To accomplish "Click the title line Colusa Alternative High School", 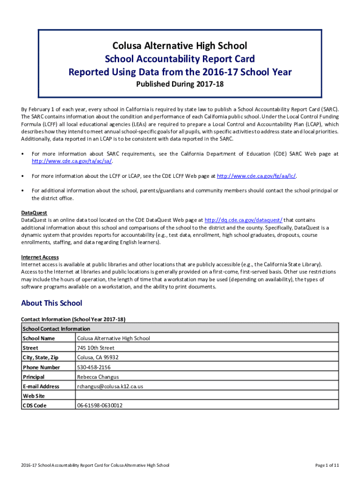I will point(180,45).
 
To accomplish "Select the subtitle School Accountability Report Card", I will point(180,59).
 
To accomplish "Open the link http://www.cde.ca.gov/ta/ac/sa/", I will point(72,161).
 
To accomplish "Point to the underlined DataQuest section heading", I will point(34,212).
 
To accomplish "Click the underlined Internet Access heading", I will point(40,257).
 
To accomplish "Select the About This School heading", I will point(51,303).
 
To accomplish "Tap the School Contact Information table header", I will point(56,329).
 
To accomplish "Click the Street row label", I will point(30,348).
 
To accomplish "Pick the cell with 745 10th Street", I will point(95,348).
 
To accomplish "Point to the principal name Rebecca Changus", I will point(98,377).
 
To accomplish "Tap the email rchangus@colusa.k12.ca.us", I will point(110,387).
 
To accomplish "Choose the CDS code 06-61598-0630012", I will point(100,406).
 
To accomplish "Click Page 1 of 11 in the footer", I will point(327,465).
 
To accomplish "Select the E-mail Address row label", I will point(41,387).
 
